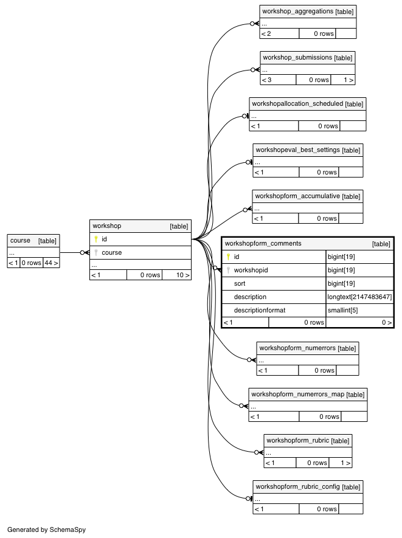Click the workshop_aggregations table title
click(297, 12)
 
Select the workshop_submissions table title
click(297, 58)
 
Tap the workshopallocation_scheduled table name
click(297, 103)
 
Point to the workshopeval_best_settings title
click(297, 150)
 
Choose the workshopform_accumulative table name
click(297, 196)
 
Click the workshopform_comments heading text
click(263, 244)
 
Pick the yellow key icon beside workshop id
click(96, 239)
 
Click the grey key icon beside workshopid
click(228, 270)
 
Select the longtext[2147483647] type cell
click(359, 297)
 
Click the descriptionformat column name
click(260, 310)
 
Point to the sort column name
click(240, 283)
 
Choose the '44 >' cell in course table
click(51, 263)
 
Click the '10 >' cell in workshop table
click(176, 275)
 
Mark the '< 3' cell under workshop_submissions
click(278, 80)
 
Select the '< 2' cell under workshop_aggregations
click(279, 33)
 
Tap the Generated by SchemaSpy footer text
click(46, 529)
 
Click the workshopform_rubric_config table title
click(297, 486)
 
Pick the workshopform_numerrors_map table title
click(297, 395)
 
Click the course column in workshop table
click(111, 252)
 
